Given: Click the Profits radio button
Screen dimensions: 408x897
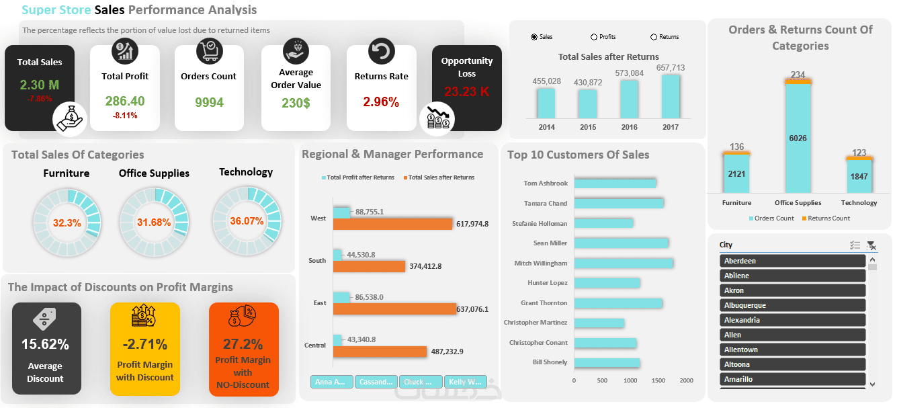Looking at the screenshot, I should (594, 37).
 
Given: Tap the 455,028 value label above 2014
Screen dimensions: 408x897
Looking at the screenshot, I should (546, 81).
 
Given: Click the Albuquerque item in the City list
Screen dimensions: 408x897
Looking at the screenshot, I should (792, 305).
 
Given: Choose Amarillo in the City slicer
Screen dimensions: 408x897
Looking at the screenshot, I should (792, 379).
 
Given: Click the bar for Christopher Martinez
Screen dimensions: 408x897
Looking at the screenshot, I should (599, 323).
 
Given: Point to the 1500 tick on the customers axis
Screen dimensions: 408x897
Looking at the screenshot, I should (658, 380).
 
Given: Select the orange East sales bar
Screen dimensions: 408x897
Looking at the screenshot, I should (394, 309).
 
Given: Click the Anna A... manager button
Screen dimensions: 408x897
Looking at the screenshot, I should (332, 382).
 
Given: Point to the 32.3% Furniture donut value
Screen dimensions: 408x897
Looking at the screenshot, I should (67, 222).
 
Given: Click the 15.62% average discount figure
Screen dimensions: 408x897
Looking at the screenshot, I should (45, 345).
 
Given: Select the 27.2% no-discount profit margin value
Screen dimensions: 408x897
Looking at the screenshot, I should (243, 344).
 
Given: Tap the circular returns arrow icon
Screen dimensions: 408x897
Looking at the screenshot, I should (382, 51).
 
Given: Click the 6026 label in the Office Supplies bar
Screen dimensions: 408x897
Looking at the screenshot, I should (798, 138).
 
